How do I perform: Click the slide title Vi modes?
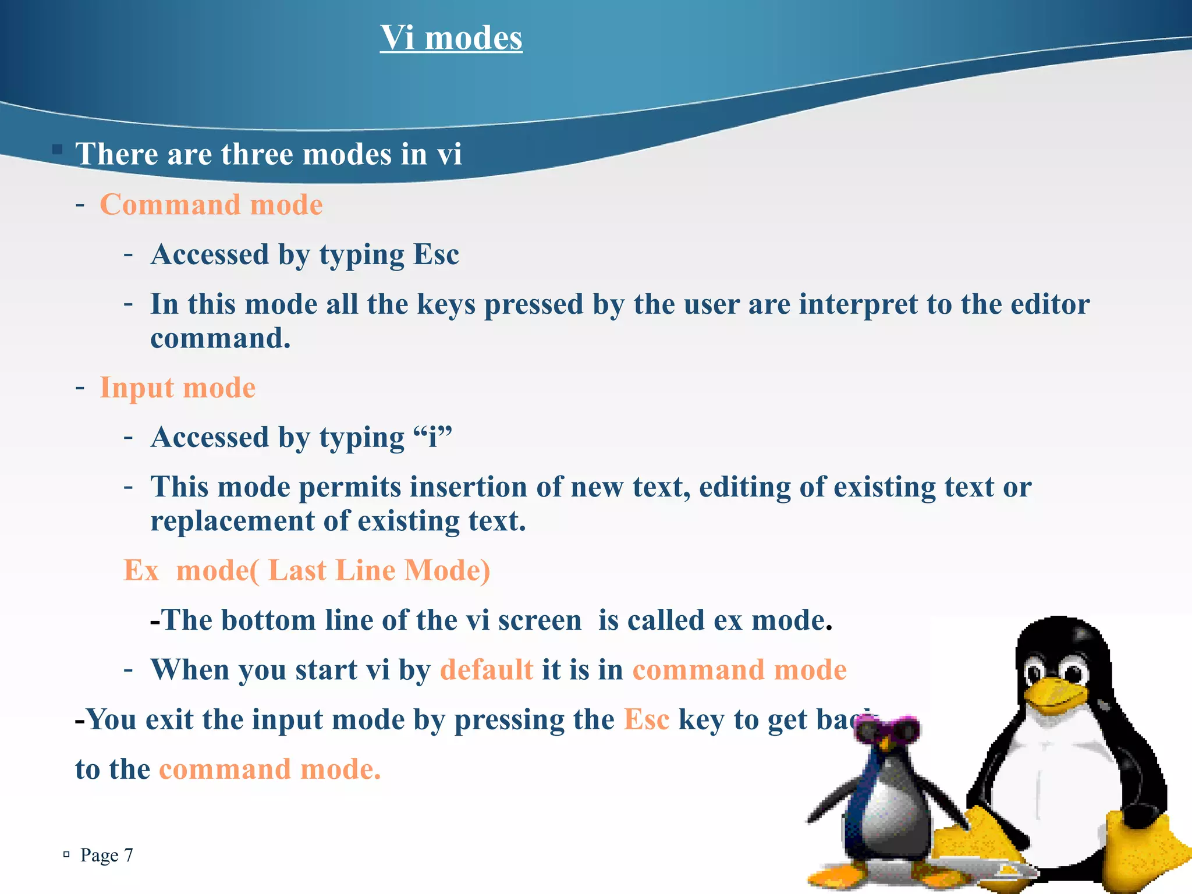point(451,38)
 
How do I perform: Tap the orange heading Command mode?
point(211,205)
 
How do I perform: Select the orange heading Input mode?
point(178,388)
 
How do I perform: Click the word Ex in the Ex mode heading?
point(141,570)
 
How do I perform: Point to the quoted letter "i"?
point(432,437)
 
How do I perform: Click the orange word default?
point(487,670)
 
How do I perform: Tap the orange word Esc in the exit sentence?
point(647,720)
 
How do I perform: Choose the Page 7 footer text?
point(107,855)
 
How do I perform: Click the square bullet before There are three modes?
point(57,150)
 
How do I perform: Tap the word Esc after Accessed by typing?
point(436,255)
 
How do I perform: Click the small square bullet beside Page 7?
point(66,854)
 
